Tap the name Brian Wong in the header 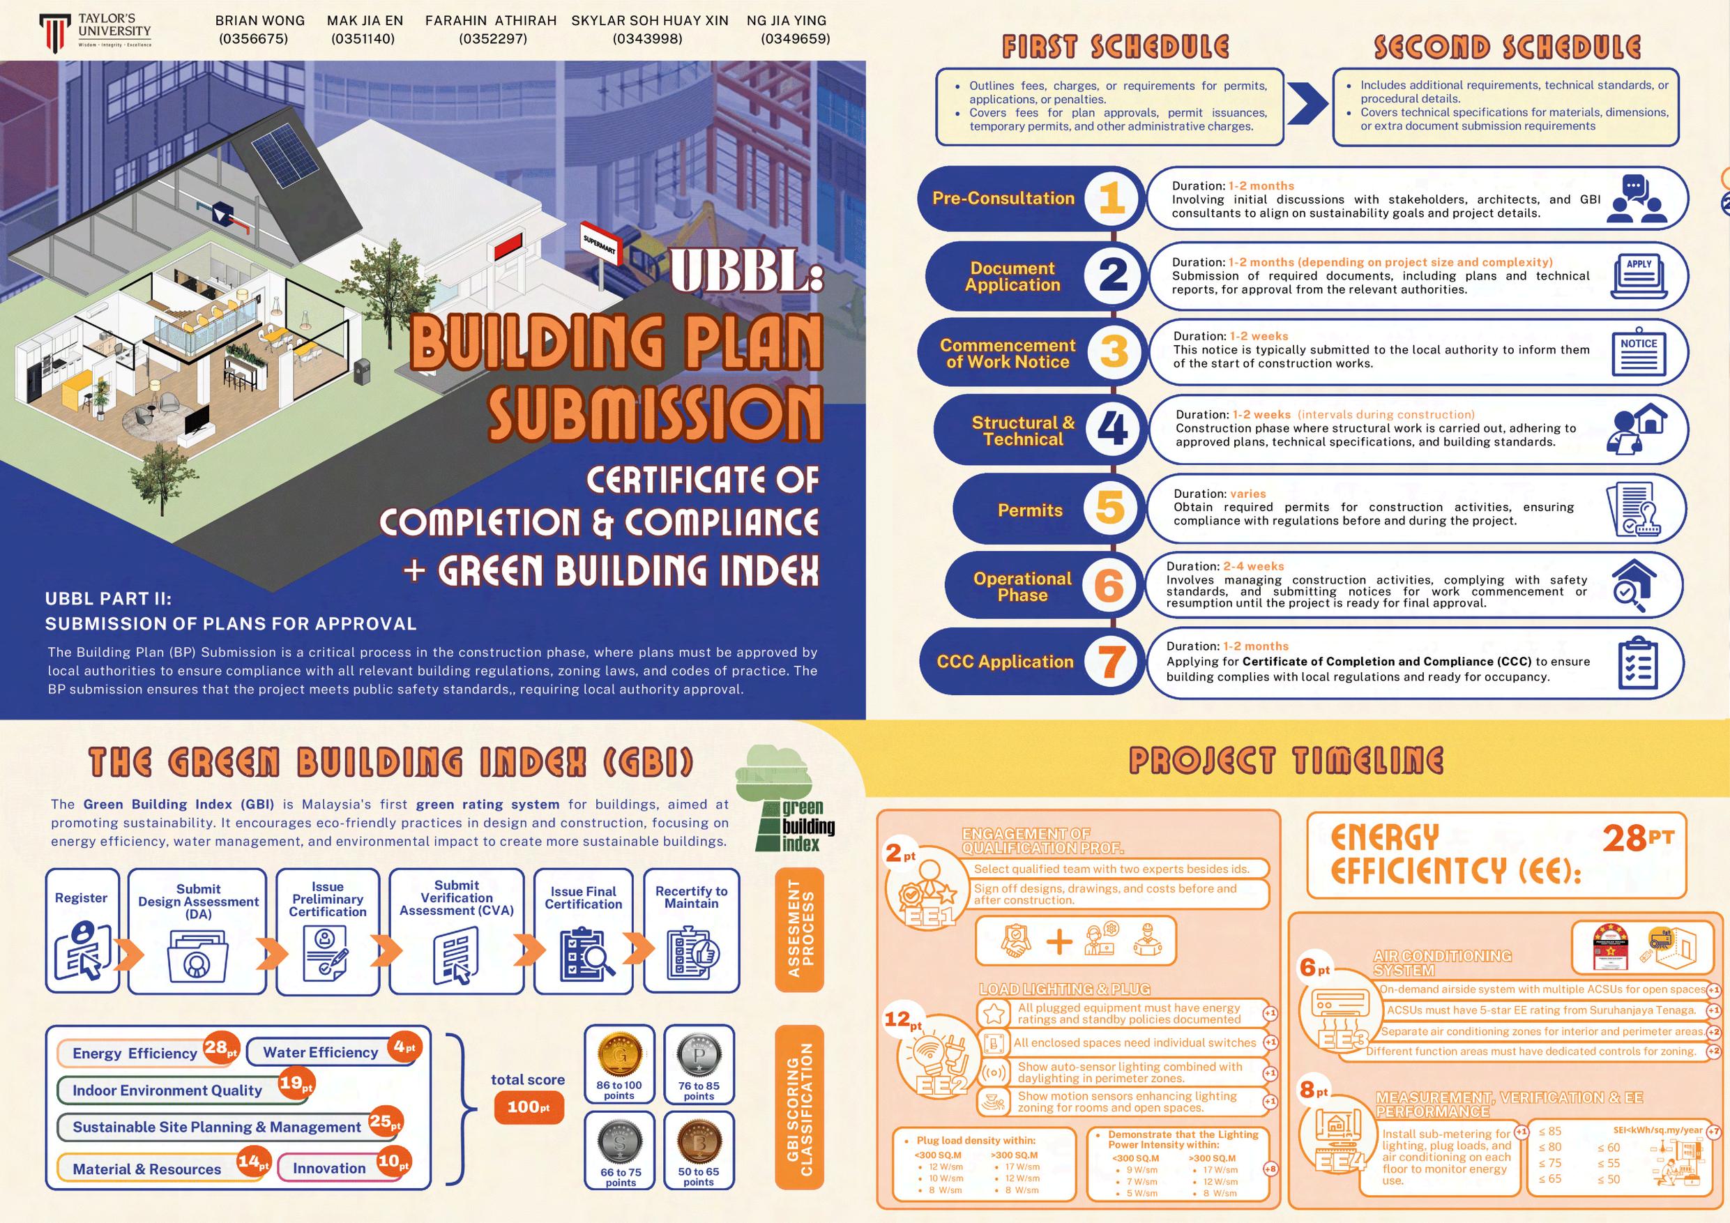pyautogui.click(x=260, y=21)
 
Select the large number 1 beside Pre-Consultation pyautogui.click(x=1111, y=199)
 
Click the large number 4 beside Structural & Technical pyautogui.click(x=1112, y=429)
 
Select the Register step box pyautogui.click(x=82, y=931)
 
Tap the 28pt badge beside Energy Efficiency pyautogui.click(x=220, y=1047)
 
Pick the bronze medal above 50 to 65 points pyautogui.click(x=699, y=1141)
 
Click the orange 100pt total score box pyautogui.click(x=529, y=1107)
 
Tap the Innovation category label pyautogui.click(x=329, y=1168)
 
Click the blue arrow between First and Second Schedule pyautogui.click(x=1307, y=105)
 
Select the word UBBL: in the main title pyautogui.click(x=746, y=271)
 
